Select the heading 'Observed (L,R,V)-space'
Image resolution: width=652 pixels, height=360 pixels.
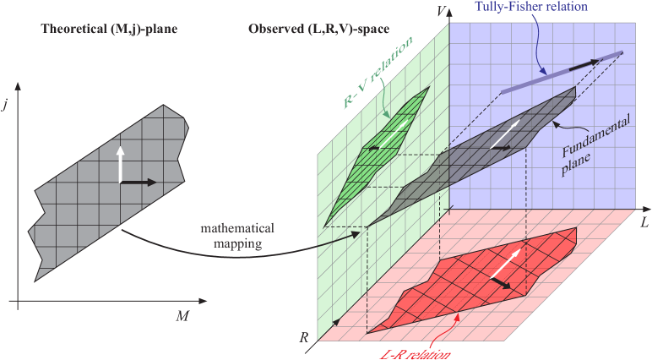tap(318, 30)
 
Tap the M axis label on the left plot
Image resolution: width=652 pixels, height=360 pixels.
tap(182, 315)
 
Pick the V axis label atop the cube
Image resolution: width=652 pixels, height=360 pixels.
tap(439, 11)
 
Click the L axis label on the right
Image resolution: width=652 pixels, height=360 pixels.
tap(644, 219)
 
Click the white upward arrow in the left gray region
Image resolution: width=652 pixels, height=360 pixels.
tap(120, 165)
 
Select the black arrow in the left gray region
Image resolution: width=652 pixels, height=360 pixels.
tap(139, 182)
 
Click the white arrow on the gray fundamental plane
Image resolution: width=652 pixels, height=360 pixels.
tap(506, 131)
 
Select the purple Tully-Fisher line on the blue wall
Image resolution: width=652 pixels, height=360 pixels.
tap(541, 76)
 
